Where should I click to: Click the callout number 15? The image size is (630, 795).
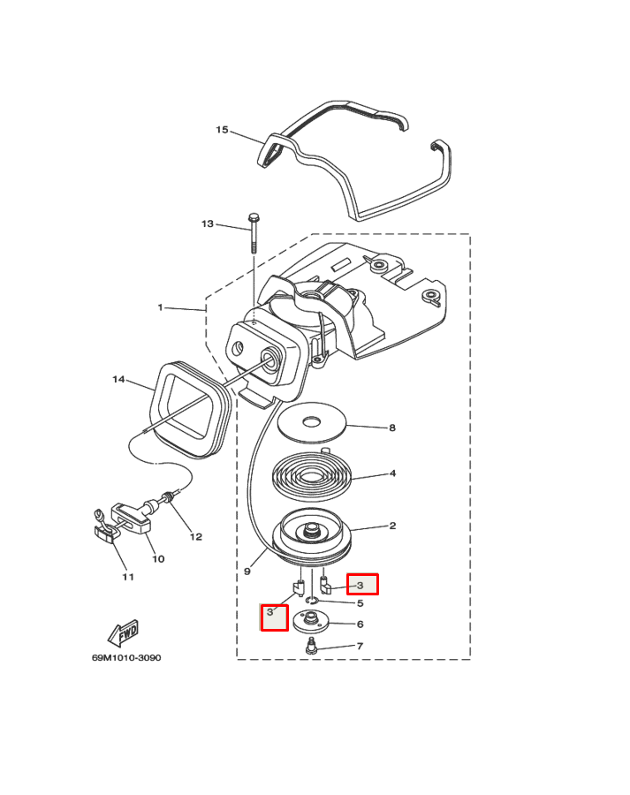tap(222, 130)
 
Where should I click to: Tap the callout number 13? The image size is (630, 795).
tap(208, 224)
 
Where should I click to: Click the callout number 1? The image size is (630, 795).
tap(160, 307)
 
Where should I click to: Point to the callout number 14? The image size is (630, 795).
tap(118, 380)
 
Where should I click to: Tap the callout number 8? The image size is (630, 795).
tap(392, 428)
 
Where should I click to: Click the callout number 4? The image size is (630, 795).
tap(392, 473)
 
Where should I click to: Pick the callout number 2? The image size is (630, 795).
tap(392, 526)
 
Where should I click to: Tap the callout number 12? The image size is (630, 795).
tap(196, 536)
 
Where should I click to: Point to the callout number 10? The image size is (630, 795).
tap(158, 558)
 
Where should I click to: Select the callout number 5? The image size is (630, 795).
tap(361, 604)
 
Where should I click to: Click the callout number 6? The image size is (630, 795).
tap(361, 625)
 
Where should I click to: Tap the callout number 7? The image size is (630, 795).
tap(361, 647)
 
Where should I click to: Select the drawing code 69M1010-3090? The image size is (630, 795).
tap(126, 658)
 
